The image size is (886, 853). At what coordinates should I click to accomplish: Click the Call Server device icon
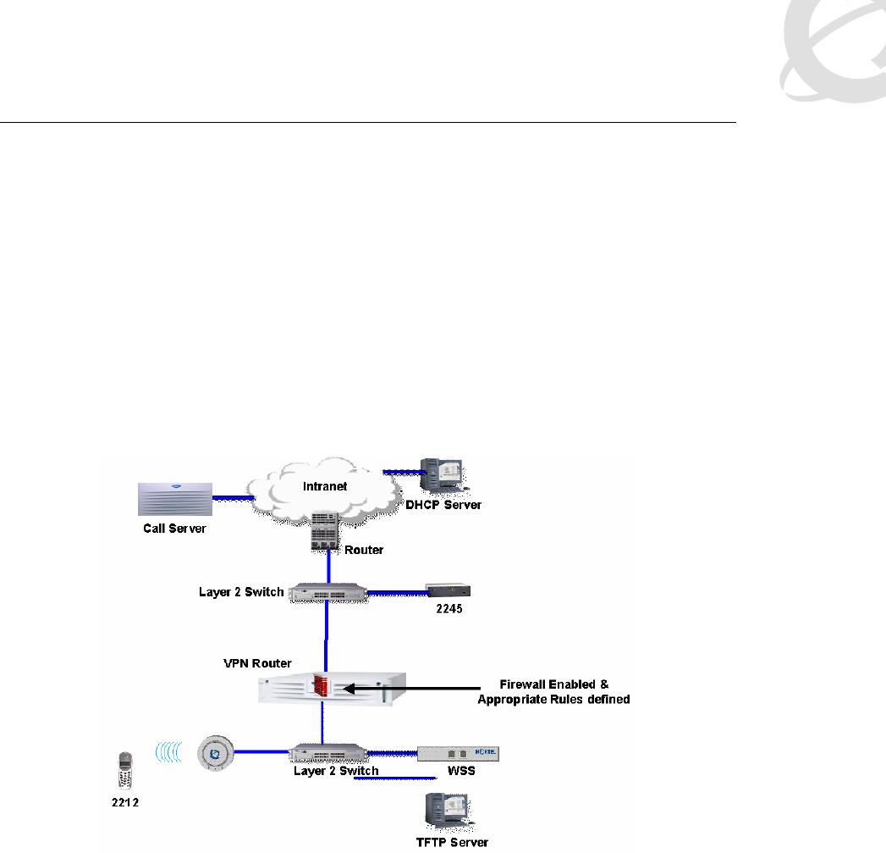click(x=174, y=499)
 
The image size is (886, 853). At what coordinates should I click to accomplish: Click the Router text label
click(x=364, y=550)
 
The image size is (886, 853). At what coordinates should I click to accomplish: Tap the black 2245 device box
click(x=449, y=591)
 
